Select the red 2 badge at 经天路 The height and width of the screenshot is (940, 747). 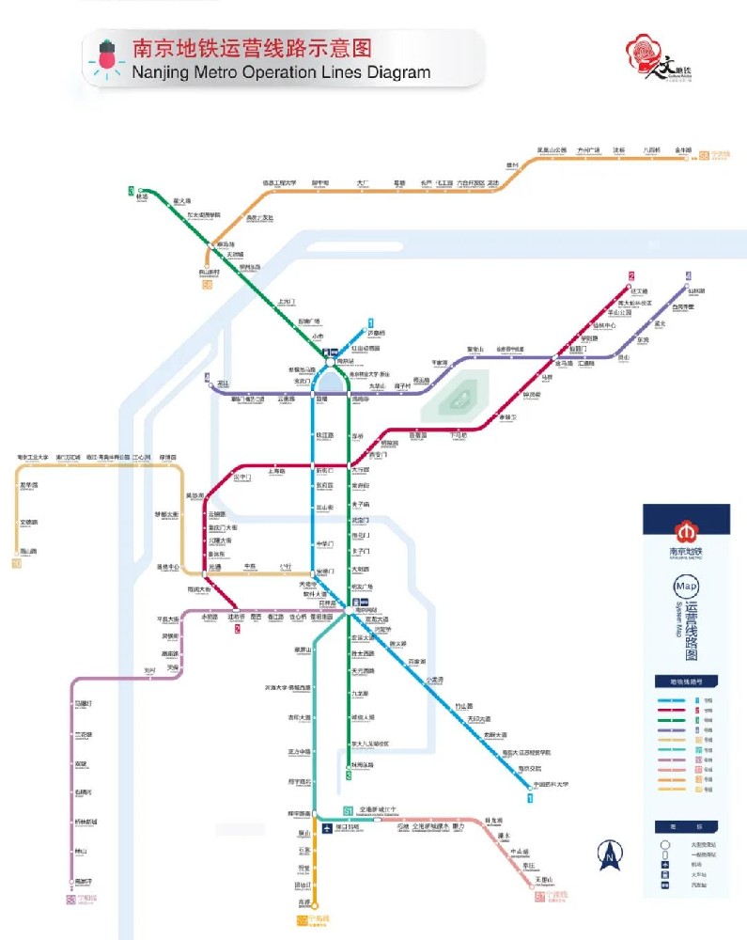pyautogui.click(x=631, y=275)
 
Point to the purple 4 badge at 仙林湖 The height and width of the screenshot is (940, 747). pyautogui.click(x=689, y=275)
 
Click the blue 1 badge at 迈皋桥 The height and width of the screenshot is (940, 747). pyautogui.click(x=371, y=321)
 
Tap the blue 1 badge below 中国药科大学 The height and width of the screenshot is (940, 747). pyautogui.click(x=531, y=799)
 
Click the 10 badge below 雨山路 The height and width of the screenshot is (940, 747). pyautogui.click(x=16, y=564)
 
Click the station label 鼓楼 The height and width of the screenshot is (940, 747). pyautogui.click(x=321, y=399)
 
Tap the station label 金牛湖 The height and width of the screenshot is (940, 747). pyautogui.click(x=684, y=149)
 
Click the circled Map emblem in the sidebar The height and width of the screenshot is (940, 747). pyautogui.click(x=686, y=587)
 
